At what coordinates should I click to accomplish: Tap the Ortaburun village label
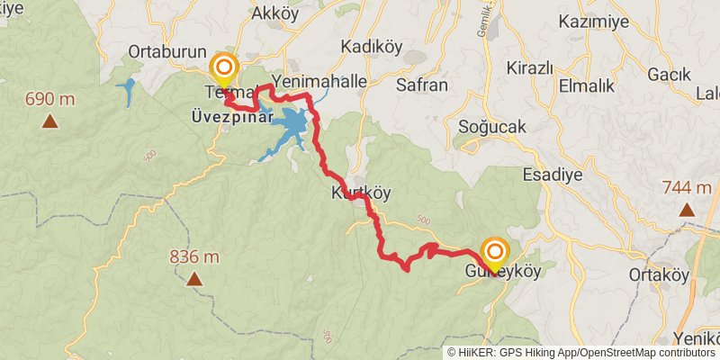tap(168, 51)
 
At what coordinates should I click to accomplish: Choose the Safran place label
tap(422, 85)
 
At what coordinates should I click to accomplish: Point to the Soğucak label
tap(491, 127)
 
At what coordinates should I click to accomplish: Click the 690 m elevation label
tap(51, 99)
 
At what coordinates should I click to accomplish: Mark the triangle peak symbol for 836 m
tap(194, 280)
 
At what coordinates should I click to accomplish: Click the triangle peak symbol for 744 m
tap(687, 210)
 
